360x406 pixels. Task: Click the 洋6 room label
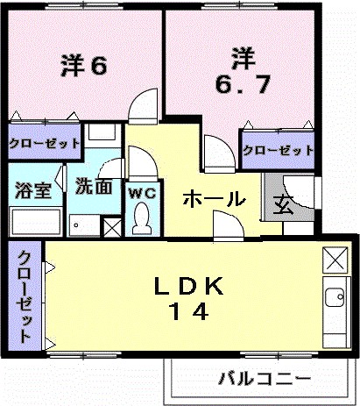[84, 68]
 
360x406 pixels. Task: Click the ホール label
[213, 200]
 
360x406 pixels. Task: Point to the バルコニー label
[264, 380]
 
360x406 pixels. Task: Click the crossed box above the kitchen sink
[335, 259]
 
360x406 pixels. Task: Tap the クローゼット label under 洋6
[45, 143]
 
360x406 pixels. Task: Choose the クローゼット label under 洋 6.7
[277, 150]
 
